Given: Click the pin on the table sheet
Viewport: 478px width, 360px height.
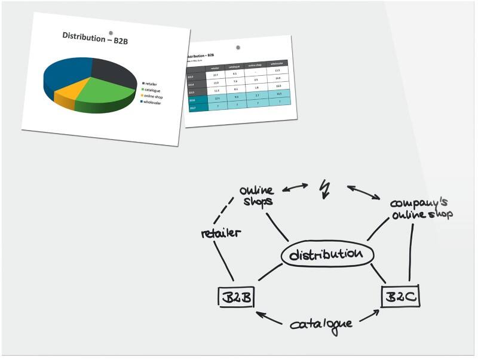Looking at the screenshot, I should tap(238, 47).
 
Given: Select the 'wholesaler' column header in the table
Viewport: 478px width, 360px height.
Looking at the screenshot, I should tap(277, 63).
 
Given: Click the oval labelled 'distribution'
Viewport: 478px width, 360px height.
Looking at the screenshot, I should tap(327, 254).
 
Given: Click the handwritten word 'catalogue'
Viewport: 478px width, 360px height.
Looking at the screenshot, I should tap(321, 324).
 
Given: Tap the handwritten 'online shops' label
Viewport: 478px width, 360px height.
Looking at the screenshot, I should tap(256, 196).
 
